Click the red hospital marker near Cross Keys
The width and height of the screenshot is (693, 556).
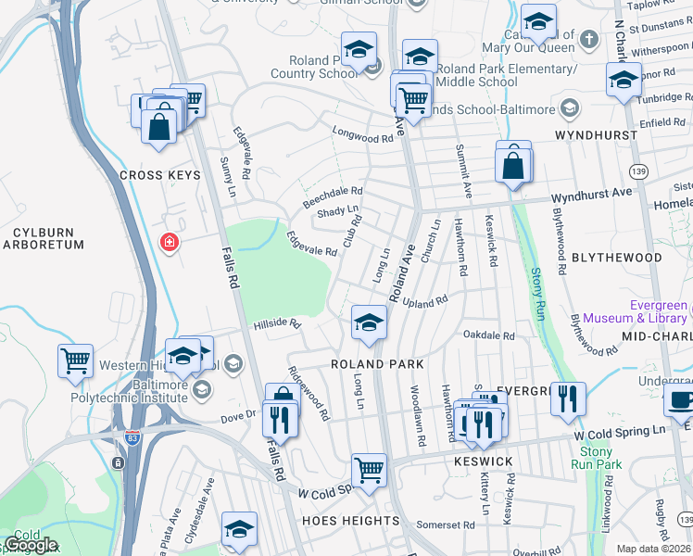169,244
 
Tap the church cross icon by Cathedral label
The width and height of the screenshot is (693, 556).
589,40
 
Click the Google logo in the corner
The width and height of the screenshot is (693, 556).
30,545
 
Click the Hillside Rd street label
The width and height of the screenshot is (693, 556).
279,324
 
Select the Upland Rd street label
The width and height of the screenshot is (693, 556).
425,302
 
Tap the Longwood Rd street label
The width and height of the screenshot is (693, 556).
363,138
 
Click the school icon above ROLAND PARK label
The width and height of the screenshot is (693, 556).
369,323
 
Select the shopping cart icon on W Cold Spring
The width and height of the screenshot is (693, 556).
369,471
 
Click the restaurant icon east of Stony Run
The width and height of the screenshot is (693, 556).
568,399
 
